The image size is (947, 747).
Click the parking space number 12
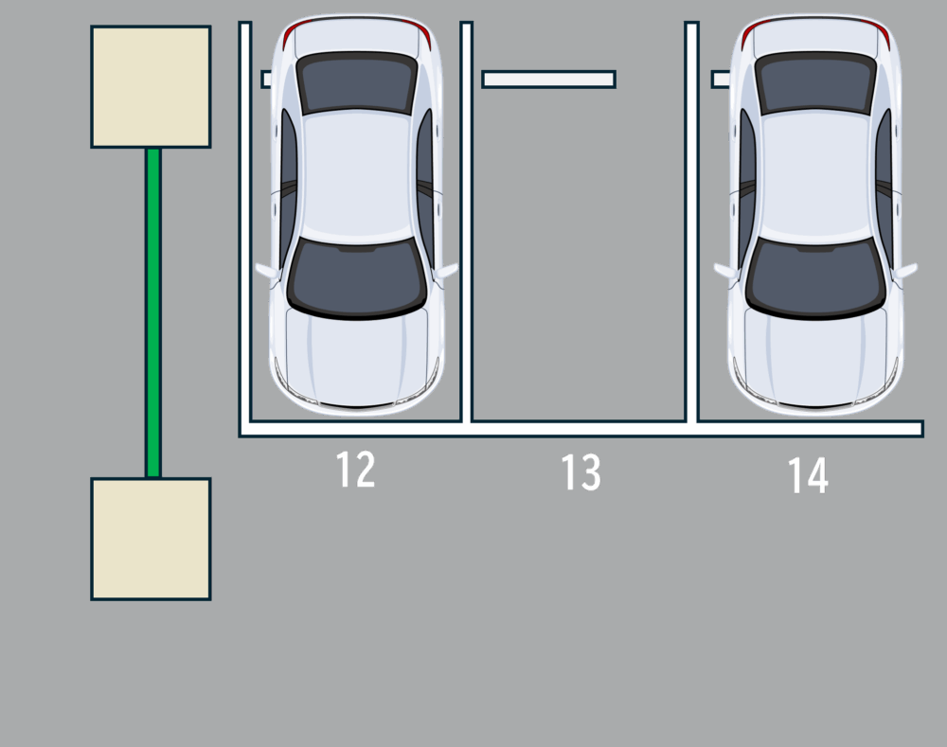click(x=355, y=470)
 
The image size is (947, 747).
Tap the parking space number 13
click(x=581, y=472)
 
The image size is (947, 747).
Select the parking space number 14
click(x=808, y=476)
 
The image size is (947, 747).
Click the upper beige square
click(x=151, y=86)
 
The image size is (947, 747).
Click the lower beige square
click(x=151, y=539)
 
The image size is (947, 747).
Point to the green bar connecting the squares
click(x=153, y=312)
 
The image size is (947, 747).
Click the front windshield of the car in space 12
click(x=356, y=277)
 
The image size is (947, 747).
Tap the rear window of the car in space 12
click(x=357, y=82)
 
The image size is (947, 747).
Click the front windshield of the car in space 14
click(x=815, y=277)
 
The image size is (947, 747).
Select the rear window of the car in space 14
click(x=816, y=82)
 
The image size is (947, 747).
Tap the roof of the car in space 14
click(x=816, y=176)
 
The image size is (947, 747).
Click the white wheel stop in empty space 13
click(x=549, y=80)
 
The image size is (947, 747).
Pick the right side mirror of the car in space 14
click(x=906, y=270)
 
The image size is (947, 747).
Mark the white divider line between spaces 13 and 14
click(x=692, y=222)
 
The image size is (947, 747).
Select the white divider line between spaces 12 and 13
click(x=466, y=222)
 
